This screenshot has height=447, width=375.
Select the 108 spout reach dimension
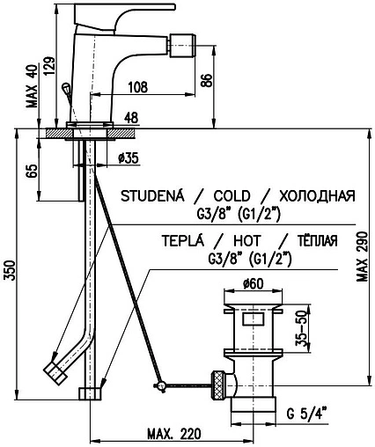point(137,87)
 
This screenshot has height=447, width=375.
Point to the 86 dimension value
point(206,80)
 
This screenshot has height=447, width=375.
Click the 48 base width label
point(131,118)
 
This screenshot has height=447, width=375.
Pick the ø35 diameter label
point(128,158)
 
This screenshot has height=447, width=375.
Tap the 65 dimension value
point(32,171)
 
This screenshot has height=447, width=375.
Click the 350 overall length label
point(10,270)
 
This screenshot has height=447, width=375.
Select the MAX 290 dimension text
point(362,257)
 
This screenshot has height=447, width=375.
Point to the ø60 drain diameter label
point(254,283)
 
